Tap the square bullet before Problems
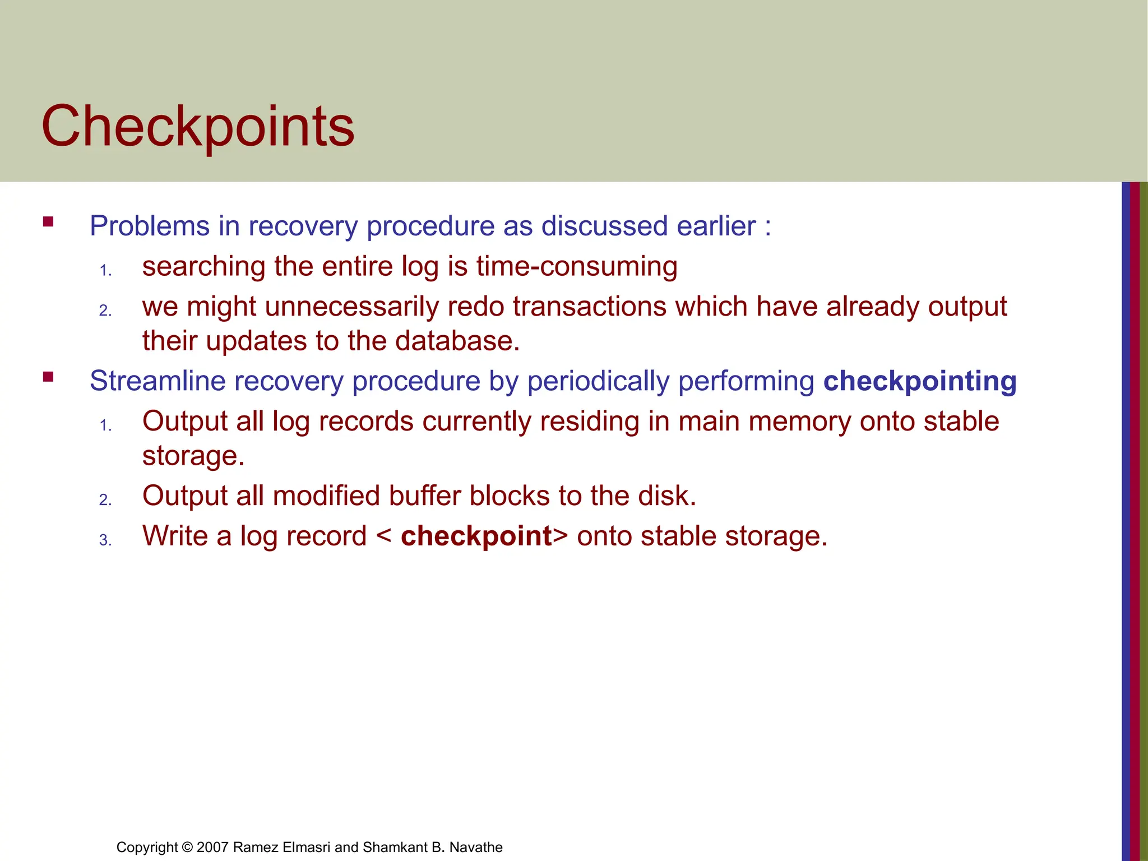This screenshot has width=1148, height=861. point(48,221)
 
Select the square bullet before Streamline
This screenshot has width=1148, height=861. point(48,377)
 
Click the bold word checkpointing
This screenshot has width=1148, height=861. point(920,382)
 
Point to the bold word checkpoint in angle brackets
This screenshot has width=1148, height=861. point(476,536)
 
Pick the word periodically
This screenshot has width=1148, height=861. point(598,382)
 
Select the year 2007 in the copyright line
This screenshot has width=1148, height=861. point(212,847)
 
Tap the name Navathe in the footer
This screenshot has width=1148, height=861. point(476,847)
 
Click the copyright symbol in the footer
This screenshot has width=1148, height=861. point(187,847)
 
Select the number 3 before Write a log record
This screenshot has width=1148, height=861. point(104,540)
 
